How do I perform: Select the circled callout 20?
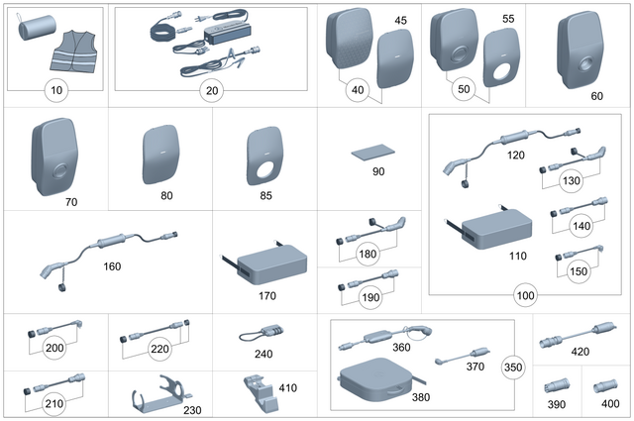[x=209, y=91]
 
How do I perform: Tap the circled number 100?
[x=526, y=296]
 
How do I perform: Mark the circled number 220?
[x=158, y=349]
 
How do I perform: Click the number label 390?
[x=558, y=404]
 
